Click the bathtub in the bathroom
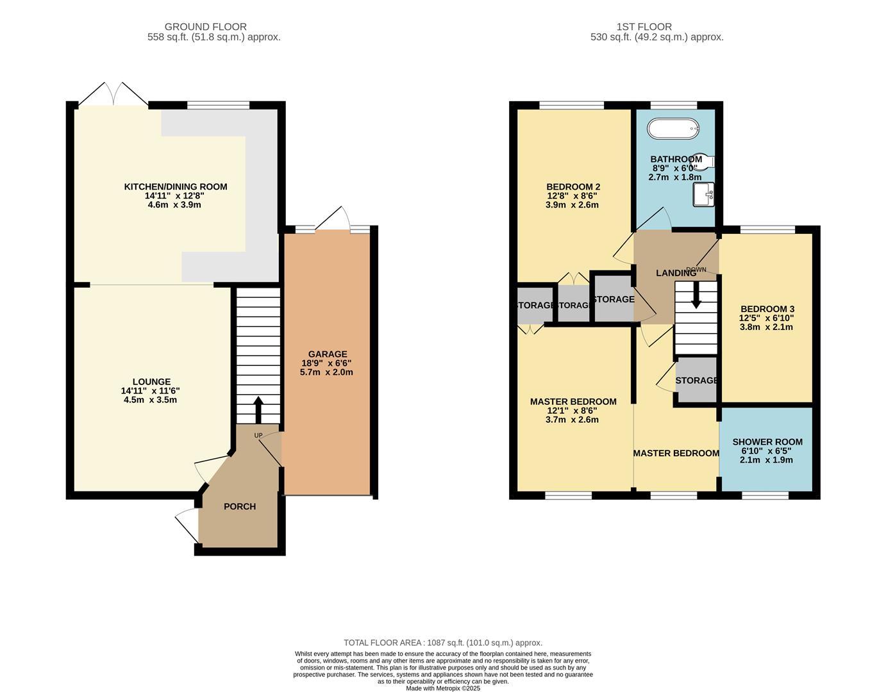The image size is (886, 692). [x=673, y=129]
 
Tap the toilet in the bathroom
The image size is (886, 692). [x=706, y=162]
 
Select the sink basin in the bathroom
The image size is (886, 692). [x=703, y=194]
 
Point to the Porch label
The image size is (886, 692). [x=240, y=507]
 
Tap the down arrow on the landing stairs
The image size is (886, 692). [x=696, y=295]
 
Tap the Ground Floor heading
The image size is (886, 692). [x=205, y=27]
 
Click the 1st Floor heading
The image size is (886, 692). [x=644, y=27]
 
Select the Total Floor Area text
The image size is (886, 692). [x=442, y=643]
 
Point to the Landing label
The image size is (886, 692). [x=676, y=274]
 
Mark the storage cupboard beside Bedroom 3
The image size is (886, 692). [x=697, y=380]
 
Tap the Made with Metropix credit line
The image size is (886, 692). [x=442, y=688]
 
